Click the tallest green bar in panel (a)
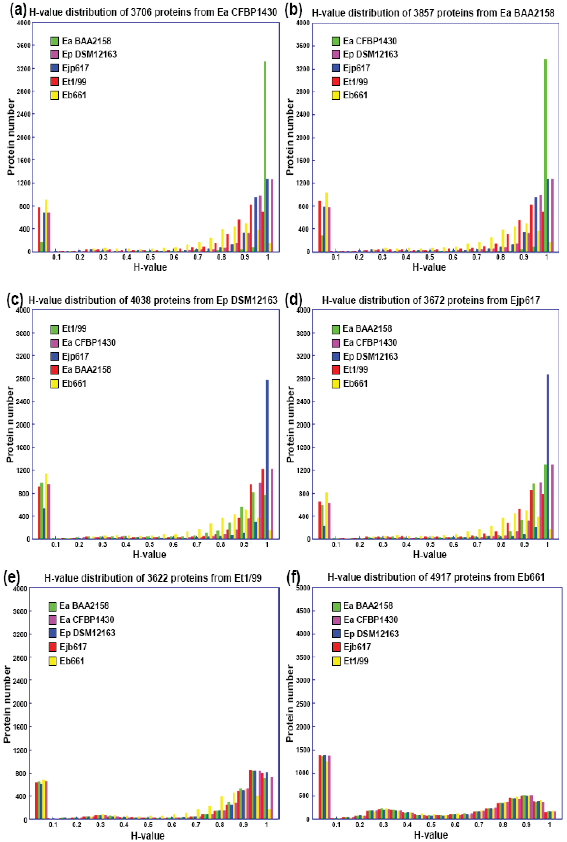tap(265, 155)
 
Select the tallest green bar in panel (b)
tap(545, 155)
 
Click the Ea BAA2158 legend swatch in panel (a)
tap(55, 41)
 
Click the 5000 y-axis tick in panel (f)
tap(303, 588)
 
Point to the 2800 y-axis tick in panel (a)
tap(24, 92)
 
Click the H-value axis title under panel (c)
tap(149, 555)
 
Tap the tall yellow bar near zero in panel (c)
tap(46, 506)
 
